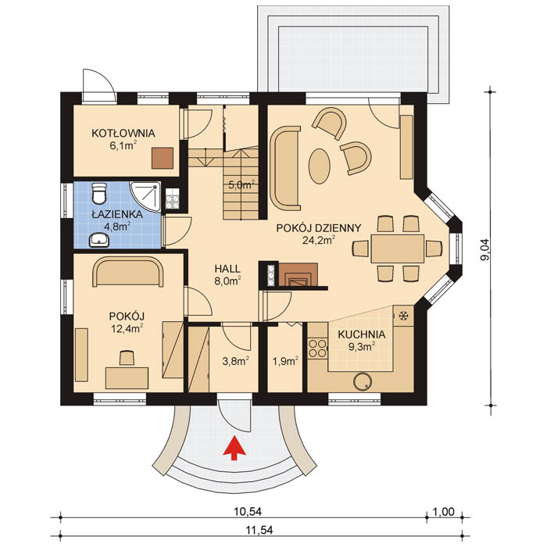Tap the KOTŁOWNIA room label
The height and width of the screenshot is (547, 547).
123,133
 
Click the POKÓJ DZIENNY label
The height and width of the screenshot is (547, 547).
318,228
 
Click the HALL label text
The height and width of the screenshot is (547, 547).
228,266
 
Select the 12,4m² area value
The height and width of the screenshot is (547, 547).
126,328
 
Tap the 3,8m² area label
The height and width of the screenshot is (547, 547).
235,361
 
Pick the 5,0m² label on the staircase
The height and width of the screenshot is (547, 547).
241,185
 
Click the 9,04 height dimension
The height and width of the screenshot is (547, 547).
485,248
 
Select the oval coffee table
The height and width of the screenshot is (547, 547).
320,165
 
